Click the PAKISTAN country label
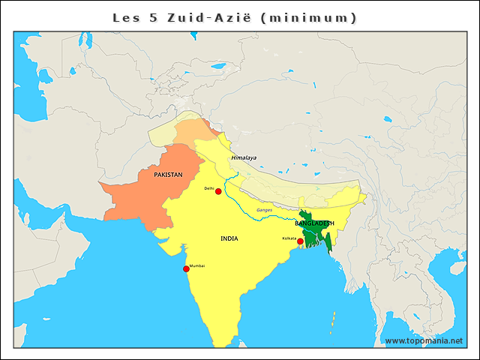point(168,174)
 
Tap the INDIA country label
point(229,238)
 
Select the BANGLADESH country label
point(314,223)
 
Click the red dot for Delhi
point(218,192)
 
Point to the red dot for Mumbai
point(186,268)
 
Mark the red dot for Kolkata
point(300,241)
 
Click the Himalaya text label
point(244,157)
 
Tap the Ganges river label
point(264,210)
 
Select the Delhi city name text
point(209,187)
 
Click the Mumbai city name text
point(197,265)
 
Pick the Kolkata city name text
point(289,238)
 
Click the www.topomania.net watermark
point(423,341)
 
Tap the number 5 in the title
point(153,17)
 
